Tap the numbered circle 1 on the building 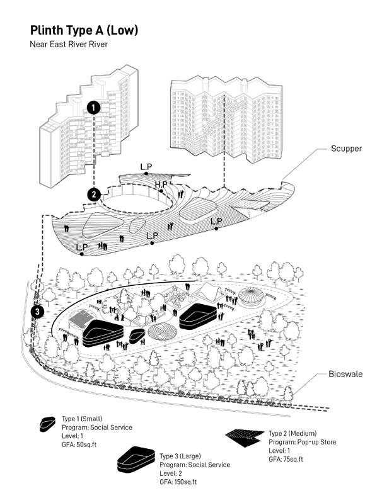click(94, 108)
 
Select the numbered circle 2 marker click(94, 195)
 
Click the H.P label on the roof click(161, 184)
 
